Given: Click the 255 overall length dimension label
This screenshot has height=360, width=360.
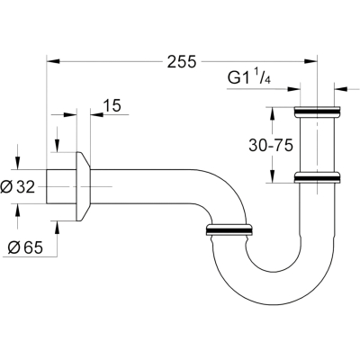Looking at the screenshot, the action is click(182, 61).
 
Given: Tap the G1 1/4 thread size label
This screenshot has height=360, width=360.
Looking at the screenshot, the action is click(249, 77).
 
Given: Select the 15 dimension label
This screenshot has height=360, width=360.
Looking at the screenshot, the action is click(112, 105).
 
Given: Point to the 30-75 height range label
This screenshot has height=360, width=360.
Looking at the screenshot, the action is click(271, 146).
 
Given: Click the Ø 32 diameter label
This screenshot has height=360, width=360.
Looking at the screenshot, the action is click(18, 187).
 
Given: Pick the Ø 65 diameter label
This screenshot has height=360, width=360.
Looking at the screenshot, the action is click(25, 247).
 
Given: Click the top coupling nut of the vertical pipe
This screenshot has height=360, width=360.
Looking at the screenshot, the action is click(317, 112).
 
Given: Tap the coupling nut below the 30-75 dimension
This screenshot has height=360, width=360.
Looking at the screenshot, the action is click(317, 177).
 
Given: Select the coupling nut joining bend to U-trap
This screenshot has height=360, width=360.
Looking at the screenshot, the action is click(229, 229).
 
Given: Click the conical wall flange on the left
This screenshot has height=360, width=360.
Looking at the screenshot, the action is click(84, 186).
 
